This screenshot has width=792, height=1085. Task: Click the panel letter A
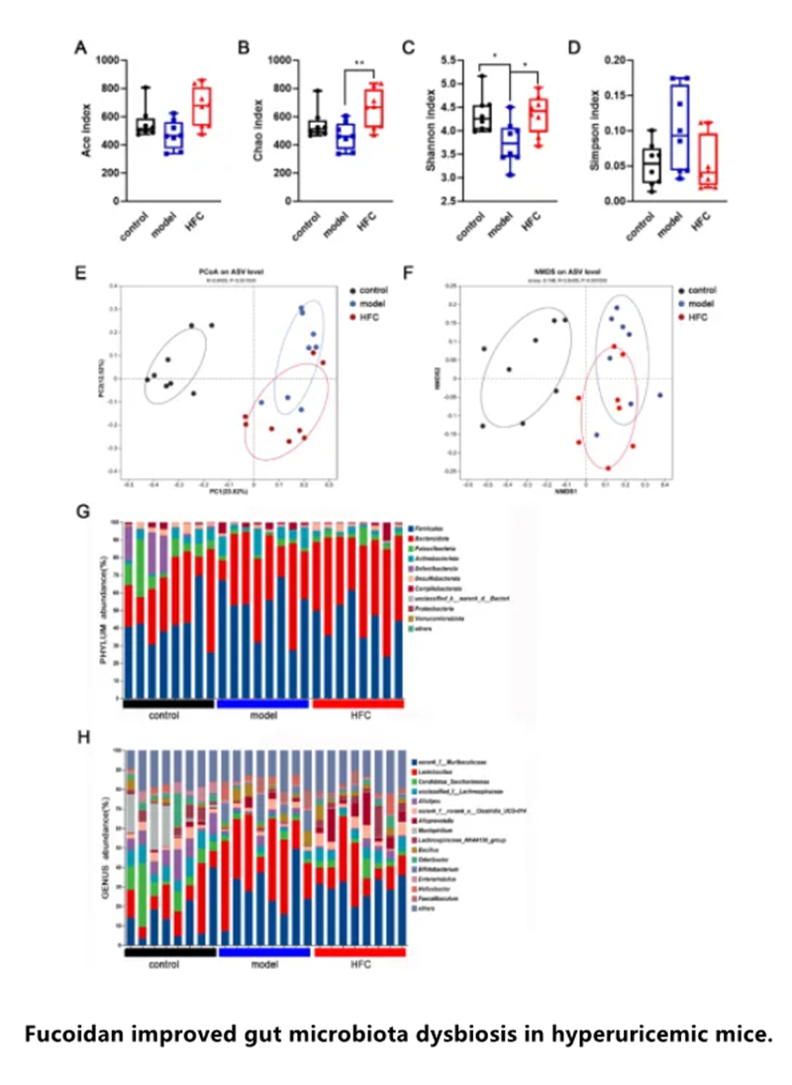(80, 49)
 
